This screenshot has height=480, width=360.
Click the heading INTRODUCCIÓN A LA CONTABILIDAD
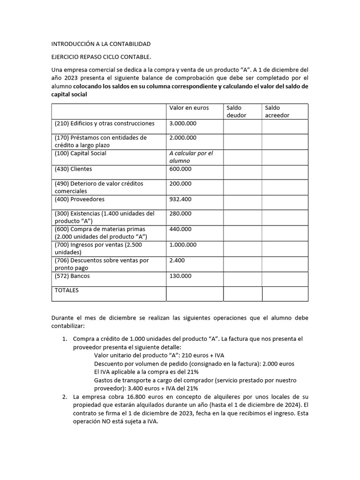101,44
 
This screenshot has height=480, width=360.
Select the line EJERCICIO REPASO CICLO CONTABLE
101,57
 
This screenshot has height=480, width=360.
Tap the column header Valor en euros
189,108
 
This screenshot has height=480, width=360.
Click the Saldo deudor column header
236,112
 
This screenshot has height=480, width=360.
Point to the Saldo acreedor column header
277,112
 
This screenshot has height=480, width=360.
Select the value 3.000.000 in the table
183,123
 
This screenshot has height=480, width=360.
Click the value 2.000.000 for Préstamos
183,138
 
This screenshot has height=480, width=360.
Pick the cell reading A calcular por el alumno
191,157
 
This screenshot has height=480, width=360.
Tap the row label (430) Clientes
73,169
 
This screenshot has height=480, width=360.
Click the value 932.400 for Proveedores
180,199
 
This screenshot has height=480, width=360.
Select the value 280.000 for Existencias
180,214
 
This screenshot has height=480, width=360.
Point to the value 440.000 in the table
180,229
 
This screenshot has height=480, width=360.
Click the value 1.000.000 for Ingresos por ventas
183,245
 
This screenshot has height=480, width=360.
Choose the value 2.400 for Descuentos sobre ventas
177,260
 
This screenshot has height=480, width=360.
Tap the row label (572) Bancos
72,276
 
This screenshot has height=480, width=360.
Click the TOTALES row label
67,290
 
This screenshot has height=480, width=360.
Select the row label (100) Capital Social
80,153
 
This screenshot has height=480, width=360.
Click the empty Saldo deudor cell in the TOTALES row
242,293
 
